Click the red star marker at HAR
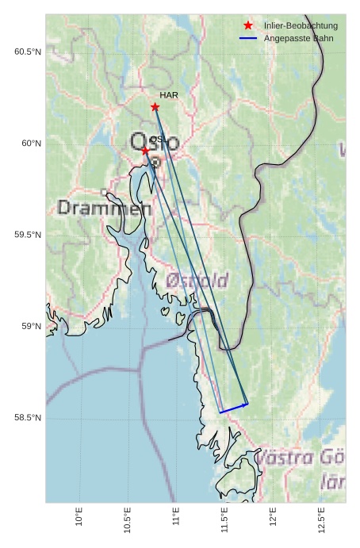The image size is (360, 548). coord(155,107)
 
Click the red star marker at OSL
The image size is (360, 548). coord(145,151)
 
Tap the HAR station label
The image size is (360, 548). coord(169,95)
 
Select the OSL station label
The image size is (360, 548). coord(157,140)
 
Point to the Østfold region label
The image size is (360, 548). coord(197,280)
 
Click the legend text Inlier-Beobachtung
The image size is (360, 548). coord(301,25)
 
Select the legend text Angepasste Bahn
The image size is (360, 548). coord(299,38)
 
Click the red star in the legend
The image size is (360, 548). coord(248,25)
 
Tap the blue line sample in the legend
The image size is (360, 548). coord(248,38)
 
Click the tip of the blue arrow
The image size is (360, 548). coord(248,404)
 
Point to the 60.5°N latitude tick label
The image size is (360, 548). coord(27,52)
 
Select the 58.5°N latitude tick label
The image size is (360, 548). coord(27,418)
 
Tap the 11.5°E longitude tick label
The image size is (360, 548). coord(224,519)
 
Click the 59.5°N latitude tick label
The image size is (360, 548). coord(27,235)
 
